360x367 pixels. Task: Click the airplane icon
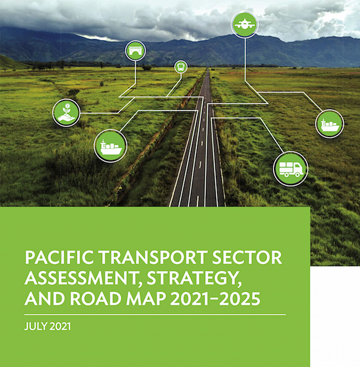pyautogui.click(x=244, y=24)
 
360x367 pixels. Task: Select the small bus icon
pyautogui.click(x=181, y=67)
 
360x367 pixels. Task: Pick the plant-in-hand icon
pyautogui.click(x=66, y=113)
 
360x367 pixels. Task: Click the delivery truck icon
pyautogui.click(x=290, y=169)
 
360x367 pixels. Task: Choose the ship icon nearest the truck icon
pyautogui.click(x=329, y=124)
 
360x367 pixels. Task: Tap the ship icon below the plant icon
pyautogui.click(x=111, y=146)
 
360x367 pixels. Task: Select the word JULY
pyautogui.click(x=36, y=326)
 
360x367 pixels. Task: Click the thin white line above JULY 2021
pyautogui.click(x=155, y=315)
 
